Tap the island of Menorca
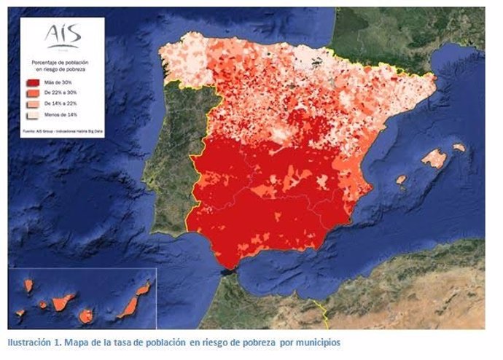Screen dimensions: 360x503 pos(459,147)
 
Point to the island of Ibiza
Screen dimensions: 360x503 pos(401,179)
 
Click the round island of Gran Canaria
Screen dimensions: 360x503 pos(86,316)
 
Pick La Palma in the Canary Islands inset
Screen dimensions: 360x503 pos(28,286)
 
